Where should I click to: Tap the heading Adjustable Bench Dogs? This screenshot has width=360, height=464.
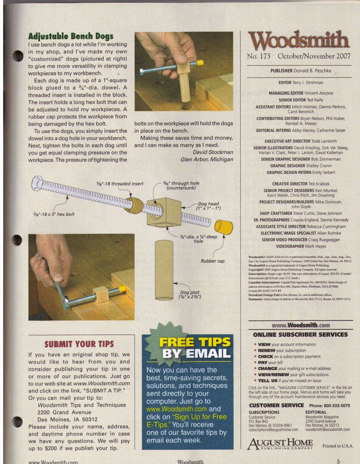click(71, 36)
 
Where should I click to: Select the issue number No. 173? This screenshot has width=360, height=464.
click(259, 56)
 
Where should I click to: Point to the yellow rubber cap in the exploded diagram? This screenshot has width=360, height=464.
click(223, 227)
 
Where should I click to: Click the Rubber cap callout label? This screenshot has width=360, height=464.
click(213, 261)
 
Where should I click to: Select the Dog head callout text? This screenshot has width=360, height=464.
click(208, 206)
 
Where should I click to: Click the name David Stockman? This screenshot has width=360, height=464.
click(213, 152)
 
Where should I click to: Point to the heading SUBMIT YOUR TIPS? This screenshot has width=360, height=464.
click(79, 344)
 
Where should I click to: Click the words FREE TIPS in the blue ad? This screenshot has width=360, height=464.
click(194, 342)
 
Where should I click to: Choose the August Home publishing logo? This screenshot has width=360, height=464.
click(280, 444)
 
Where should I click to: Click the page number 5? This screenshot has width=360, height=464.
click(338, 461)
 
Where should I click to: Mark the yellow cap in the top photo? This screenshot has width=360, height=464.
click(200, 63)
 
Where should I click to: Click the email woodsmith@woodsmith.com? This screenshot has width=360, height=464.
click(328, 430)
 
